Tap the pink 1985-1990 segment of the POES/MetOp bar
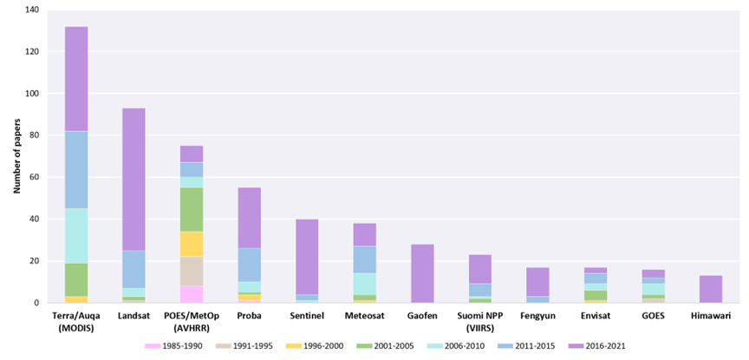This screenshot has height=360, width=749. pos(192,294)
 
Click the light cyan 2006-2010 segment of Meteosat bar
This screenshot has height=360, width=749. pos(364,284)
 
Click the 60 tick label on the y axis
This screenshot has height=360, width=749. pos(35,177)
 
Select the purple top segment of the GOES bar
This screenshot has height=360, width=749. pos(653,273)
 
